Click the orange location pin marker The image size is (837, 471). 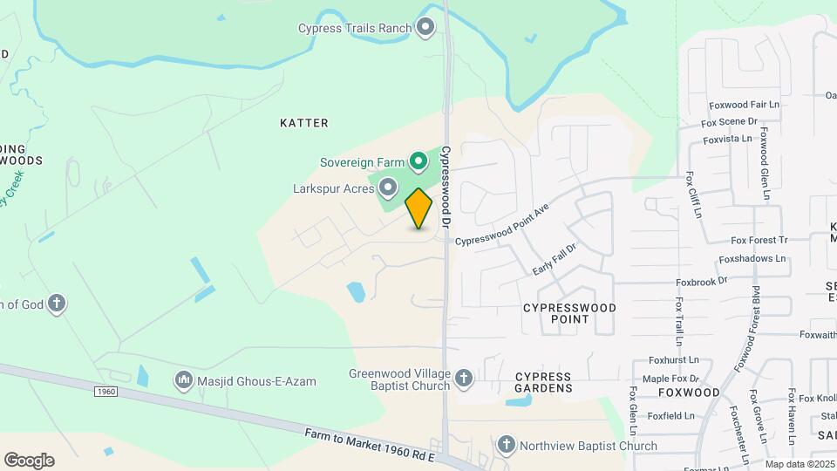click(x=419, y=208)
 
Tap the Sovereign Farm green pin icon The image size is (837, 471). click(x=418, y=161)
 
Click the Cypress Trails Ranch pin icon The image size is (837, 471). click(x=425, y=28)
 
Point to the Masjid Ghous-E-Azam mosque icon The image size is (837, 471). click(x=184, y=381)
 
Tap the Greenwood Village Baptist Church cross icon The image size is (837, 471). click(x=463, y=378)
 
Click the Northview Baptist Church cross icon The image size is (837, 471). click(x=506, y=446)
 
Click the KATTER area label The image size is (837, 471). click(x=304, y=123)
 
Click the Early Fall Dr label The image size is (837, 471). click(x=555, y=260)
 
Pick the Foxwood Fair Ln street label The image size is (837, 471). click(x=744, y=105)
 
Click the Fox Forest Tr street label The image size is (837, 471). click(x=759, y=240)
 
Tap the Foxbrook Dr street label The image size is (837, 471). click(x=702, y=282)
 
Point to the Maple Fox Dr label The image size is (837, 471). click(x=670, y=379)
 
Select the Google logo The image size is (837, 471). click(x=29, y=460)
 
